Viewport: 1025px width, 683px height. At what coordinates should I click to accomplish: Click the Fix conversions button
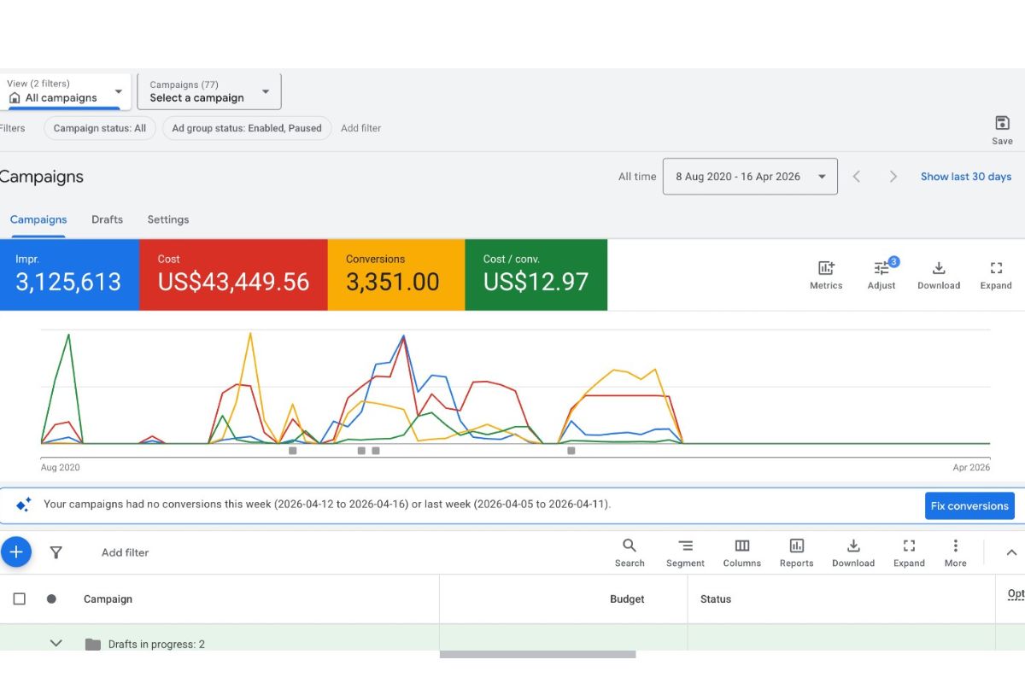click(969, 505)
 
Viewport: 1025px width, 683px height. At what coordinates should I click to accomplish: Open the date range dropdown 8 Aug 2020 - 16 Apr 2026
click(750, 177)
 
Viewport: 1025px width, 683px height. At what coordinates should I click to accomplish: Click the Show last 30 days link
click(965, 177)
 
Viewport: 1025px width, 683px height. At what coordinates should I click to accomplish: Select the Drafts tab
click(107, 219)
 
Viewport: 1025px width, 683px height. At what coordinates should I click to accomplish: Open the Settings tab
click(168, 219)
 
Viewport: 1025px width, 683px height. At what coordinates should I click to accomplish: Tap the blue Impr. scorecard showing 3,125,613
click(69, 275)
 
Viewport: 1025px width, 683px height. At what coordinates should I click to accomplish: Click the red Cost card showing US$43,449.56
click(233, 275)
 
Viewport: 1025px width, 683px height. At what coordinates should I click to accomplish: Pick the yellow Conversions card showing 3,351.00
click(396, 275)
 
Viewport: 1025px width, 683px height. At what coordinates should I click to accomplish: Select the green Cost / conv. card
click(536, 275)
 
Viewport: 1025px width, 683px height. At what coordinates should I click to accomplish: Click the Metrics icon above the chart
click(826, 268)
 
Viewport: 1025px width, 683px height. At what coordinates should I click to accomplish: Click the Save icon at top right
click(1002, 123)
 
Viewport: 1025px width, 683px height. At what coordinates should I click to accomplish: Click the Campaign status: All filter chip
click(100, 128)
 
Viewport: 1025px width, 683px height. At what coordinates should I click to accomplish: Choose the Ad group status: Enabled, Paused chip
click(247, 128)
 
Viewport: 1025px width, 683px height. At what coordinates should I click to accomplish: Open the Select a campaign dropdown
click(209, 91)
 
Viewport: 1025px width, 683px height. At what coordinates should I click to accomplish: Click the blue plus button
click(16, 552)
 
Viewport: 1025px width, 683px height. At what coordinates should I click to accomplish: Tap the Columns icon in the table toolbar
click(741, 546)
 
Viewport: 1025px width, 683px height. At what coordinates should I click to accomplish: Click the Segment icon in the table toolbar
click(685, 546)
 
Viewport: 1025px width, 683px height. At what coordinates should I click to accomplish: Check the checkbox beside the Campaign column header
click(19, 598)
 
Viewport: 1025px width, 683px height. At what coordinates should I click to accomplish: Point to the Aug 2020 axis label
click(61, 467)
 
